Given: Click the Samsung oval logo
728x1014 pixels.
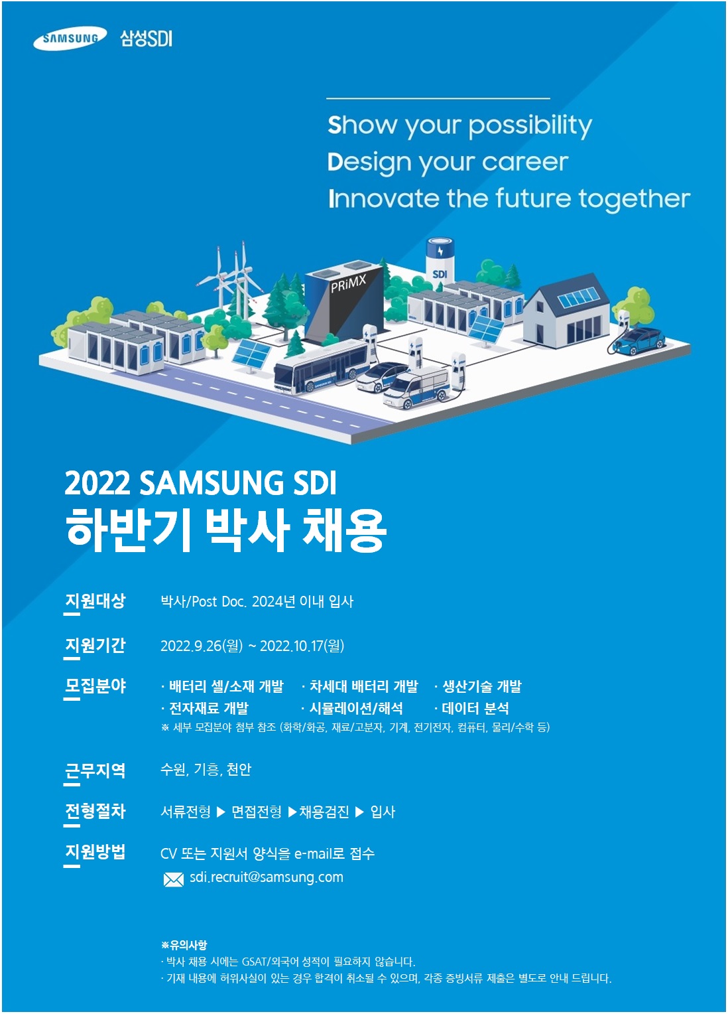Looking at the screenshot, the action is click(70, 38).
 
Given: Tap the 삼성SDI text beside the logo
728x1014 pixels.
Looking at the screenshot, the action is click(146, 38).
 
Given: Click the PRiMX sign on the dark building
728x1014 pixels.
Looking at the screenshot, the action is click(347, 283).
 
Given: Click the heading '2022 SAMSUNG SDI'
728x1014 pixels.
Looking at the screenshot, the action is click(201, 483).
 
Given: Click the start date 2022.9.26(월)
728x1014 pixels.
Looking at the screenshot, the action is click(201, 646).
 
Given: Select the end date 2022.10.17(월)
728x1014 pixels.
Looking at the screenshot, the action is click(302, 646).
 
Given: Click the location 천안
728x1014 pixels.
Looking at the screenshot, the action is click(239, 769).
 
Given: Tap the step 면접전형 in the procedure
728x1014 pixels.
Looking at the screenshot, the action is click(257, 812).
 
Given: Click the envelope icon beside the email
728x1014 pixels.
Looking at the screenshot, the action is click(173, 879).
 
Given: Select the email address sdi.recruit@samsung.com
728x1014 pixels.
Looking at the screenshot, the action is click(267, 877).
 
